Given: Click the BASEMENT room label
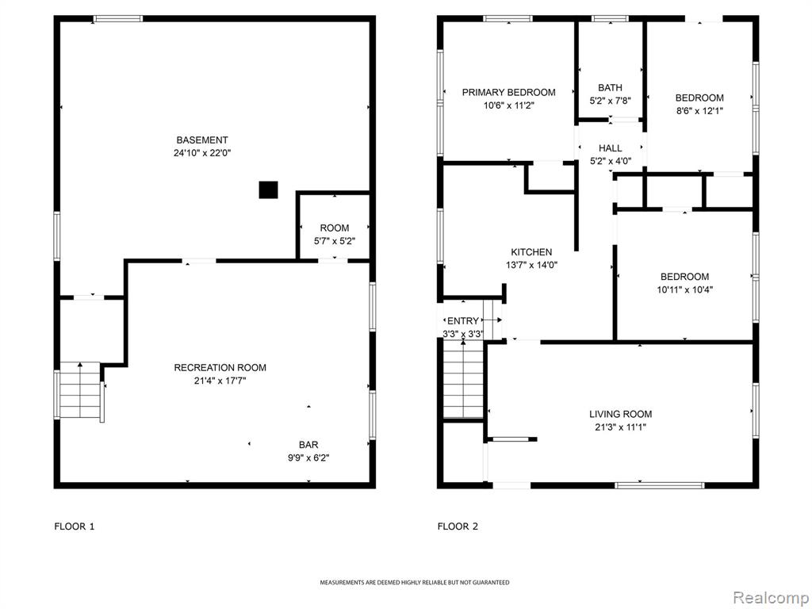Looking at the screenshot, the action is click(202, 140).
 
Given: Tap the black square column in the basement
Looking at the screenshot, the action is click(268, 190).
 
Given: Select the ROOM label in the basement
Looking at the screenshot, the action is click(335, 228).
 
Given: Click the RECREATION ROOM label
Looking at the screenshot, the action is click(220, 368).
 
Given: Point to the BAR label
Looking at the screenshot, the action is click(308, 445).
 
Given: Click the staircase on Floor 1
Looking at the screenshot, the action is click(80, 390).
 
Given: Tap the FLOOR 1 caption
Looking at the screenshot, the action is click(75, 527).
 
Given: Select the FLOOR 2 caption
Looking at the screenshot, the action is click(458, 527).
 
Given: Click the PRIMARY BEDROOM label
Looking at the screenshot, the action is click(508, 92).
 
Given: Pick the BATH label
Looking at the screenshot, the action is click(610, 87).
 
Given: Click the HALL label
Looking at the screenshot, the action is click(611, 148).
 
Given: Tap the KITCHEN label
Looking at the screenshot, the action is click(531, 252).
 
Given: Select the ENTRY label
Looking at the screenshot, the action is click(463, 321).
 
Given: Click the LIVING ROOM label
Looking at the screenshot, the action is click(620, 414).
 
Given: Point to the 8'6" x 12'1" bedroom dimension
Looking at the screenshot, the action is click(699, 111).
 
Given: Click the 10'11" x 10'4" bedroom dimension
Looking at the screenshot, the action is click(685, 290).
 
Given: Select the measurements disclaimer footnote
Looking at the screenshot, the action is click(414, 583).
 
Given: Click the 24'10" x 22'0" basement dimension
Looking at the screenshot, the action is click(202, 153).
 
